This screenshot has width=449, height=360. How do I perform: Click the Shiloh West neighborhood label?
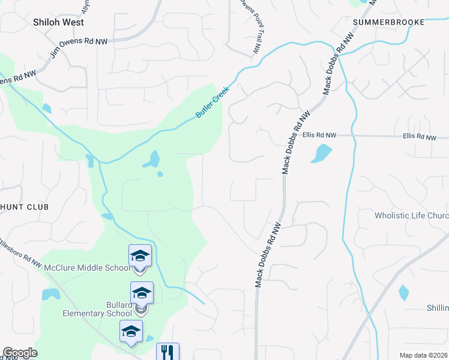58,22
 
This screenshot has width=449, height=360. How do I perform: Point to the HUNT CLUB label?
24,206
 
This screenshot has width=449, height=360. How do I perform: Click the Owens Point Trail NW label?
251,27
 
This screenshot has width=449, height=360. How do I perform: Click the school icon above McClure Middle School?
140,256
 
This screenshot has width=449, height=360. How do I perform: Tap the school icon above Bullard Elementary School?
142,293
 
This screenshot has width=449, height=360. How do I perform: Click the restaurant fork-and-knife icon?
167,352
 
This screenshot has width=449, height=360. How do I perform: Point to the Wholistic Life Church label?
411,215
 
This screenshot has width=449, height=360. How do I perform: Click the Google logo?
20,353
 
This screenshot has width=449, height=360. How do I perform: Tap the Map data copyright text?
424,355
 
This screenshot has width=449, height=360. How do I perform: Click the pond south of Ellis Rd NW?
321,153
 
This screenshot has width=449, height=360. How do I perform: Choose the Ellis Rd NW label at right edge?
420,137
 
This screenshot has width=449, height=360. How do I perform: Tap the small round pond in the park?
160,174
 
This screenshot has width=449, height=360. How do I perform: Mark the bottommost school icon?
131,331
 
